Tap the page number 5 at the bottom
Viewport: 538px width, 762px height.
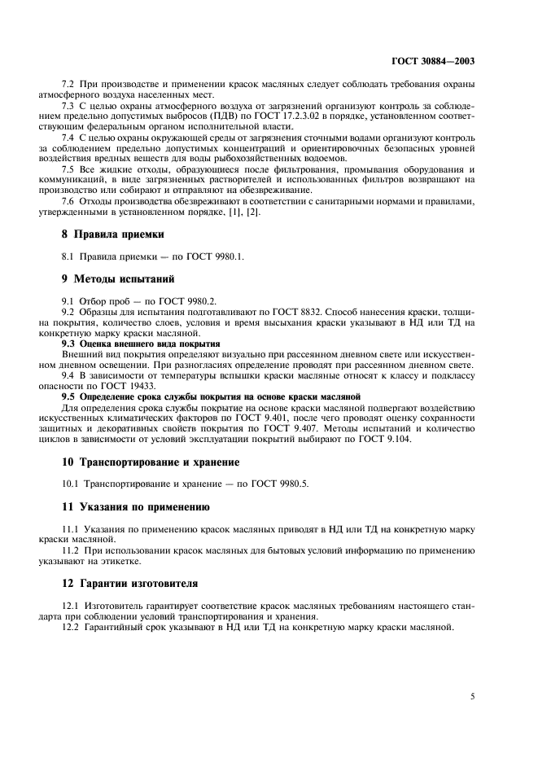click(473, 697)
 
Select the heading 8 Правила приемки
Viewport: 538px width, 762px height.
click(113, 234)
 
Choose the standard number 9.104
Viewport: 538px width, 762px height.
click(396, 440)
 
